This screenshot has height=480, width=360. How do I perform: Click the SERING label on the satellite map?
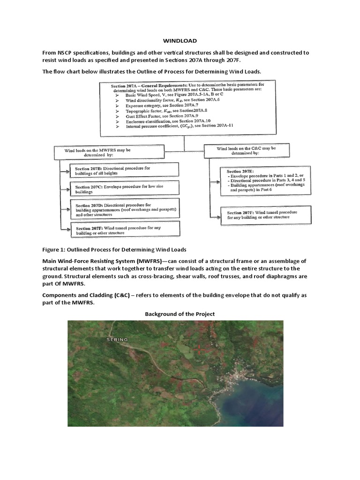pyautogui.click(x=116, y=339)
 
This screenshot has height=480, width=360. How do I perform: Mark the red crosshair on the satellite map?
pyautogui.click(x=199, y=348)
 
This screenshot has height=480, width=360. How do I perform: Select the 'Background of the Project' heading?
pyautogui.click(x=180, y=314)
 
